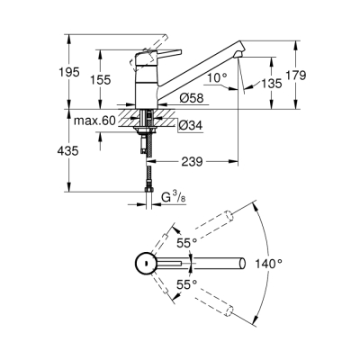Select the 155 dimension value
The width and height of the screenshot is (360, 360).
102,80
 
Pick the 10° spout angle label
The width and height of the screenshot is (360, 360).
215,79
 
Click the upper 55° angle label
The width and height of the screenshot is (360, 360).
185,242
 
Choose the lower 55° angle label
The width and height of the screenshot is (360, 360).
185,283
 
